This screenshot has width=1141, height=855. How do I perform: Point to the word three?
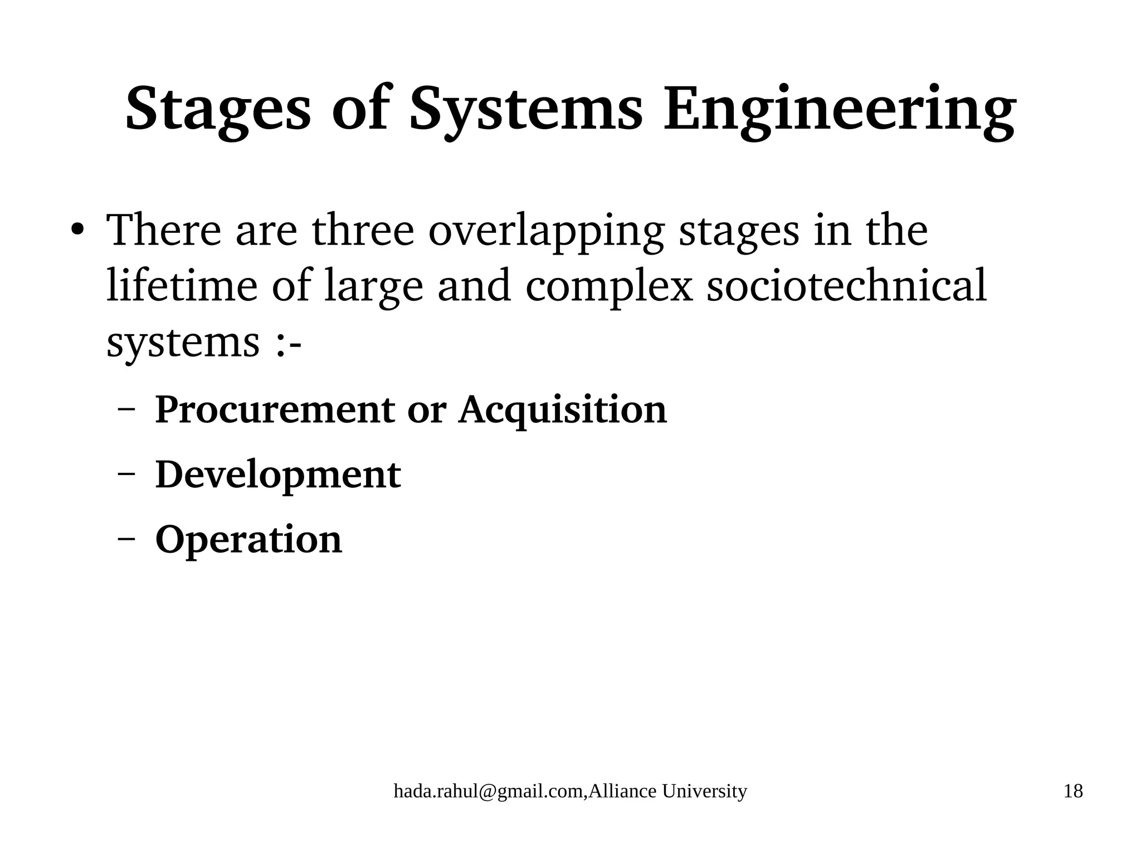[363, 229]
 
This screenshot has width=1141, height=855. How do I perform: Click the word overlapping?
[546, 231]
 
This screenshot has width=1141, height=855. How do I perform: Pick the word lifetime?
[182, 285]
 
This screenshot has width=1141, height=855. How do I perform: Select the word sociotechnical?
[846, 285]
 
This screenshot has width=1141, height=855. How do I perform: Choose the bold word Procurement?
[274, 410]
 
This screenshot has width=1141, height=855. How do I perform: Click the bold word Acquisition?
[562, 410]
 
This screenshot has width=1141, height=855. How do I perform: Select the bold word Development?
[277, 475]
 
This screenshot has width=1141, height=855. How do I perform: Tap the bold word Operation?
[248, 540]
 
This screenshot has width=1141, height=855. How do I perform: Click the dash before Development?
[127, 475]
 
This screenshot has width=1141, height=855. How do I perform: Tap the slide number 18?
[1073, 792]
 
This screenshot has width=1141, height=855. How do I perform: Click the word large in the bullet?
[373, 286]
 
